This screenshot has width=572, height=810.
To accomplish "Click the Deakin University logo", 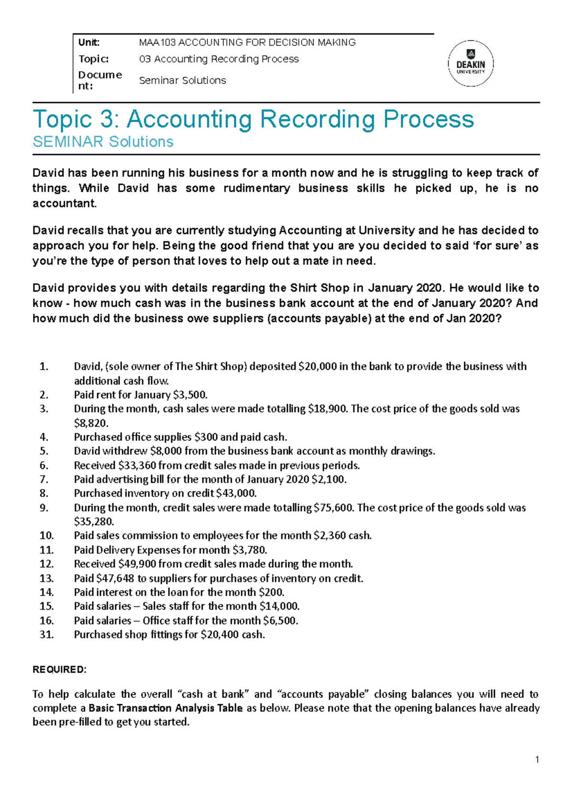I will (x=470, y=63).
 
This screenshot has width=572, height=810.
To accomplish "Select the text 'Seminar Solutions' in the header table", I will (x=182, y=80).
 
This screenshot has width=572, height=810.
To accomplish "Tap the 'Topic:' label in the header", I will (x=93, y=59).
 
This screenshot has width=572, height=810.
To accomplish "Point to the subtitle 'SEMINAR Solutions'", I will (x=102, y=142).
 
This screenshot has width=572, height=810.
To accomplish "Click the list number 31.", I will (x=47, y=634).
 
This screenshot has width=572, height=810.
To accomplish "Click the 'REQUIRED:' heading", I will (x=60, y=669).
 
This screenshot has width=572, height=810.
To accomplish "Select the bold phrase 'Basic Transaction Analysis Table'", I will (x=165, y=708).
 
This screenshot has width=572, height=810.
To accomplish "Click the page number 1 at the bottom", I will (x=537, y=760).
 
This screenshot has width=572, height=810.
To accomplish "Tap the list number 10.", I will (x=47, y=535).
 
